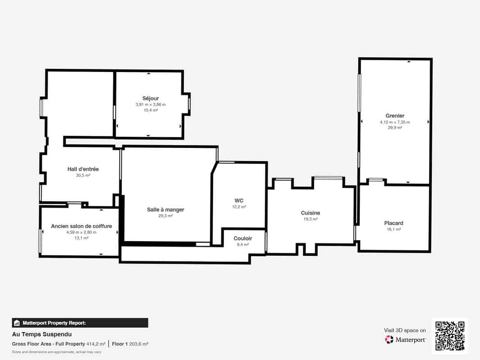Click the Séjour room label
(150, 99)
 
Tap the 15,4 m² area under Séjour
(150, 110)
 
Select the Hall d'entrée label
(83, 169)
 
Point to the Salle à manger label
(165, 210)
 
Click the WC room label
(239, 201)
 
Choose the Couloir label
(243, 238)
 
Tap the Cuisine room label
(310, 213)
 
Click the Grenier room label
(395, 116)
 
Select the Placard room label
(394, 223)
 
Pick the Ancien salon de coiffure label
(82, 226)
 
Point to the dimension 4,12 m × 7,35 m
(395, 122)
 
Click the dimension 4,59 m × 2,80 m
(82, 232)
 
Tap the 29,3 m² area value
(165, 216)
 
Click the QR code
(450, 336)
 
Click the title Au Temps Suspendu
(42, 334)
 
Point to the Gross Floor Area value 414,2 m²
(96, 344)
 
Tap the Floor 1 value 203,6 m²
(139, 344)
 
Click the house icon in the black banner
(17, 323)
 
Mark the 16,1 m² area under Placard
(394, 229)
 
